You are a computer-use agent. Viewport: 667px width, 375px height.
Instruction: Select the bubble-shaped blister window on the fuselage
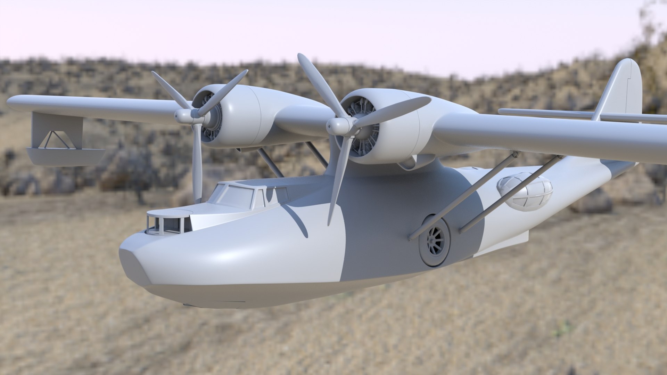pos(525,191)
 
